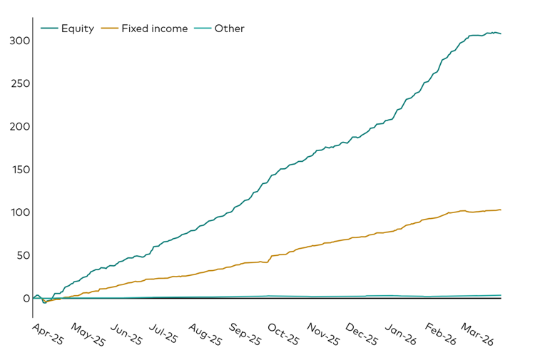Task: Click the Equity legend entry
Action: click(x=77, y=29)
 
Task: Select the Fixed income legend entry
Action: click(x=154, y=29)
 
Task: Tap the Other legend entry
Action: click(x=229, y=29)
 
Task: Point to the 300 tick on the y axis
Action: click(x=19, y=41)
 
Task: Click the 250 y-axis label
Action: click(x=19, y=83)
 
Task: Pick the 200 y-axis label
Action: click(x=19, y=126)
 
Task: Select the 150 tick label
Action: click(x=19, y=170)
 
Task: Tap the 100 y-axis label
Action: click(x=19, y=212)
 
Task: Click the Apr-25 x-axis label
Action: click(x=49, y=334)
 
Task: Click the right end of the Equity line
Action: click(x=501, y=34)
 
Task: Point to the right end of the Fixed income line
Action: click(x=501, y=210)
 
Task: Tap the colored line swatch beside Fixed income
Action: click(x=110, y=29)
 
